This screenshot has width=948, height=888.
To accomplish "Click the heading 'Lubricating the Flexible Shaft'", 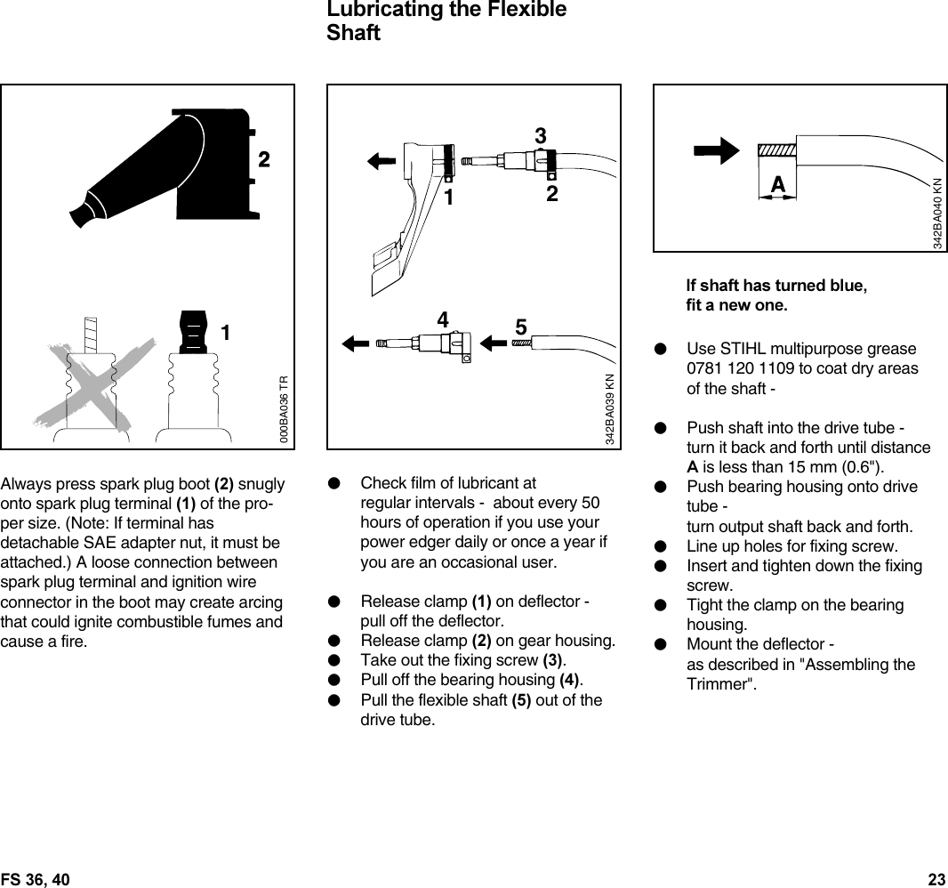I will (x=446, y=21).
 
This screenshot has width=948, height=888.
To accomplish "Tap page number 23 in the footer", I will (x=936, y=880).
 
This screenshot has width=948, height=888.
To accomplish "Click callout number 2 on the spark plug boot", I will (x=263, y=160).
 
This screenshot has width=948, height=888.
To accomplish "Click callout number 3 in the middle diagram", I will (x=540, y=136).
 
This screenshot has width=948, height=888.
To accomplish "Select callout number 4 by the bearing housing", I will (x=442, y=319).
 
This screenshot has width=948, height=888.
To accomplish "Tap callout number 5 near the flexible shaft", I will (x=521, y=327).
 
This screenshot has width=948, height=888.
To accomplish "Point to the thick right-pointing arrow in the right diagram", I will (x=716, y=149).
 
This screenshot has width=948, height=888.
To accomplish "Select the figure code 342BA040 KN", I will (x=937, y=213).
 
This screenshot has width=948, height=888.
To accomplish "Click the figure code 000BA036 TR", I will (x=284, y=410).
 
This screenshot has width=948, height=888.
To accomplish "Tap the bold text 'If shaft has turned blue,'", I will (x=776, y=287).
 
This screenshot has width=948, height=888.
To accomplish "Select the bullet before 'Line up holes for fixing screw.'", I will (x=660, y=546).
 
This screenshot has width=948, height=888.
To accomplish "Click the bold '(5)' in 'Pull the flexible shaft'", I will (x=523, y=700).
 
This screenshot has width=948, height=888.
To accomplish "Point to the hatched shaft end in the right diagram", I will (x=775, y=151).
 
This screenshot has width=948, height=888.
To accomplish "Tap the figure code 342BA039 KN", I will (x=610, y=410).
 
